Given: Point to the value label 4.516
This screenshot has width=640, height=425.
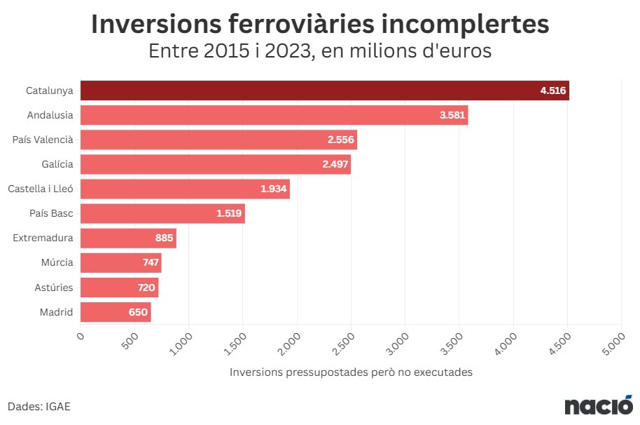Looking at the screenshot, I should [x=552, y=90].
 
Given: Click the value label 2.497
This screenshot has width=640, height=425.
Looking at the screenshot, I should [x=334, y=164].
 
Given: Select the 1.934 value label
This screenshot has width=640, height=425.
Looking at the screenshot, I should [x=273, y=189].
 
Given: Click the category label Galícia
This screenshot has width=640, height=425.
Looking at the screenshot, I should [x=57, y=164].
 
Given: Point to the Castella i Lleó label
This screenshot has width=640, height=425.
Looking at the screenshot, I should [x=40, y=189].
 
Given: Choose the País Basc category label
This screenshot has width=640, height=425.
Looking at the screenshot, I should [x=51, y=213].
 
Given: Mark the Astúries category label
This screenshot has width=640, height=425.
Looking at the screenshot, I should [x=53, y=288].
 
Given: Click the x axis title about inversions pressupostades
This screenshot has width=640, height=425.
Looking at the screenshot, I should [x=351, y=372].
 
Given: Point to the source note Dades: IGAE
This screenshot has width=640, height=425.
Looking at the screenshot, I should [x=39, y=406].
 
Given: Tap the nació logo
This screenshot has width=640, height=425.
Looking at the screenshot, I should [x=599, y=405].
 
